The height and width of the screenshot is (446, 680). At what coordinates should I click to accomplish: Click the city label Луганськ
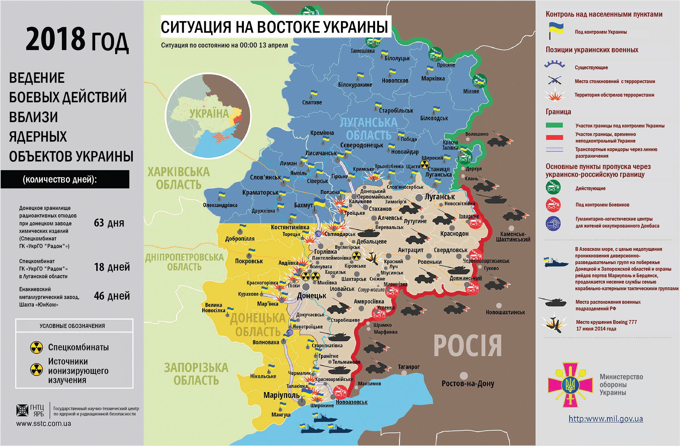440,197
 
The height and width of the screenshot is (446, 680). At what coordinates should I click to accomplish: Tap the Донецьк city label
312,296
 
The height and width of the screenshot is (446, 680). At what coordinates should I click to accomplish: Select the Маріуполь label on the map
281,395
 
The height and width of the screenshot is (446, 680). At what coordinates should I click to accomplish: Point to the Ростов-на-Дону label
468,384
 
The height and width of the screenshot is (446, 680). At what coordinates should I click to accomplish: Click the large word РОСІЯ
468,346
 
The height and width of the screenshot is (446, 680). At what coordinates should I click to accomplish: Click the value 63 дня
109,223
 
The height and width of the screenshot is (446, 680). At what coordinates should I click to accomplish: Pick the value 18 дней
112,267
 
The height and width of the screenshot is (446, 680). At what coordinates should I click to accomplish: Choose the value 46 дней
112,296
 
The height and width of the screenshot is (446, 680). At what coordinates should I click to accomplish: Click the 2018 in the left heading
55,39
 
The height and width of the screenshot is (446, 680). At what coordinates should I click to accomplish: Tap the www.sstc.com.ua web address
44,424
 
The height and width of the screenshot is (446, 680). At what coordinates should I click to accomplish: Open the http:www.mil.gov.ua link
605,419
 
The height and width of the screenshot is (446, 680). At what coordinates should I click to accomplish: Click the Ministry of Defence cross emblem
570,385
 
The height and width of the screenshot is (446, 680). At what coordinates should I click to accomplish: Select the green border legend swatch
554,125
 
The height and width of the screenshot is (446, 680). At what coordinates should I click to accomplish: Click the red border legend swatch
554,137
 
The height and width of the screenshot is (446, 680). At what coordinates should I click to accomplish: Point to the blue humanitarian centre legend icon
553,224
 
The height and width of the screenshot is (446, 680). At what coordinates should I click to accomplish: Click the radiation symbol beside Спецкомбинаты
37,347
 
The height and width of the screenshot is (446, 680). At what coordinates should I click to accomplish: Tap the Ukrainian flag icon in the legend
556,30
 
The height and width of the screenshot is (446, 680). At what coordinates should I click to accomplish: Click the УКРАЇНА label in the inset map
209,114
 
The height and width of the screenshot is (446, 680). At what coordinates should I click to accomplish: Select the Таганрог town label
408,367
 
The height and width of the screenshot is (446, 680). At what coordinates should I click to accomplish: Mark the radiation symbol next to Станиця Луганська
425,164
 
